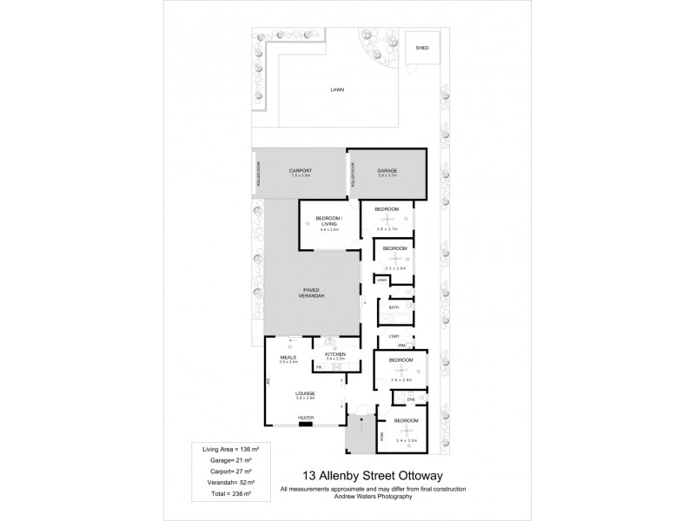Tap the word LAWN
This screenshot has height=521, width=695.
[x=336, y=89]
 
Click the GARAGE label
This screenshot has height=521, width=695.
[x=387, y=170]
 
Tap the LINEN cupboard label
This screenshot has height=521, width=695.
[x=381, y=280]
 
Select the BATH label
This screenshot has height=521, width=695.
[x=394, y=307]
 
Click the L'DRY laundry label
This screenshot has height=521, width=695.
[x=394, y=335]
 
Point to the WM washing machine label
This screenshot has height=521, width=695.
[x=401, y=345]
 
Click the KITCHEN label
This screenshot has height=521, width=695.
[x=335, y=353]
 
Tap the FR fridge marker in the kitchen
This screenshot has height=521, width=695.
[x=319, y=367]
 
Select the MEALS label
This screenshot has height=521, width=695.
[x=288, y=357]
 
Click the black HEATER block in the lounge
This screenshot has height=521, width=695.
[x=305, y=423]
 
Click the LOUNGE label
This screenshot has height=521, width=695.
[x=304, y=392]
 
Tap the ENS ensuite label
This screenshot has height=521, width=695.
[x=399, y=400]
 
